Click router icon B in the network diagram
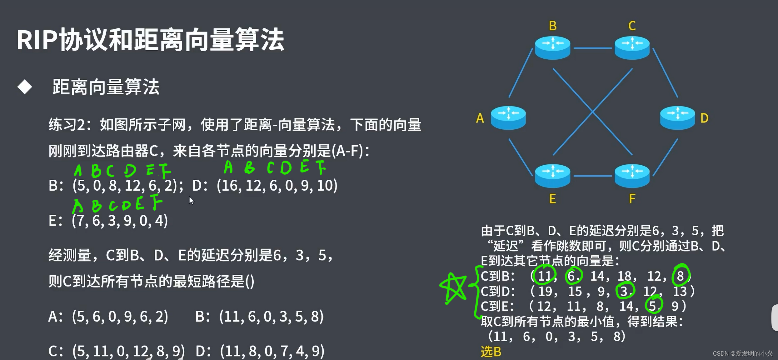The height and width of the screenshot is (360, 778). coord(552,47)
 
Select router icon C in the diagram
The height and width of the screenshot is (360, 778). coord(632,47)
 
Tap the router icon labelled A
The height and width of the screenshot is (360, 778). coord(508,117)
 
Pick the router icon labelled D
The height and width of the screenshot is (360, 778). coord(677,117)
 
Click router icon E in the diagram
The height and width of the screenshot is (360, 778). coord(552,175)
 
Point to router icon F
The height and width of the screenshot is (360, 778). coord(632,175)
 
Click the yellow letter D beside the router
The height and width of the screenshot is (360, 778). coord(704,118)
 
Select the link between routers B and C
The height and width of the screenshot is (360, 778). coord(592,48)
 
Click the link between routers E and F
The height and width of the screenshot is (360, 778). coord(592,176)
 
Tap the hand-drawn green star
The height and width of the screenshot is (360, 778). coord(453,287)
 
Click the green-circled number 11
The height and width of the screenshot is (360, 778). coord(544,276)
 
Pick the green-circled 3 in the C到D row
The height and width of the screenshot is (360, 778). coord(625,291)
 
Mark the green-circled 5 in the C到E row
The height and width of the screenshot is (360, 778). coord(653,305)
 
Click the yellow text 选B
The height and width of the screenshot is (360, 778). coord(491,352)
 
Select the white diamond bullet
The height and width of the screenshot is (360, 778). coord(25,87)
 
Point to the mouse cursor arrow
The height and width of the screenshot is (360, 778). coord(191,200)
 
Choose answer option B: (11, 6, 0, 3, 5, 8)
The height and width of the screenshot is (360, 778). coord(259,316)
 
